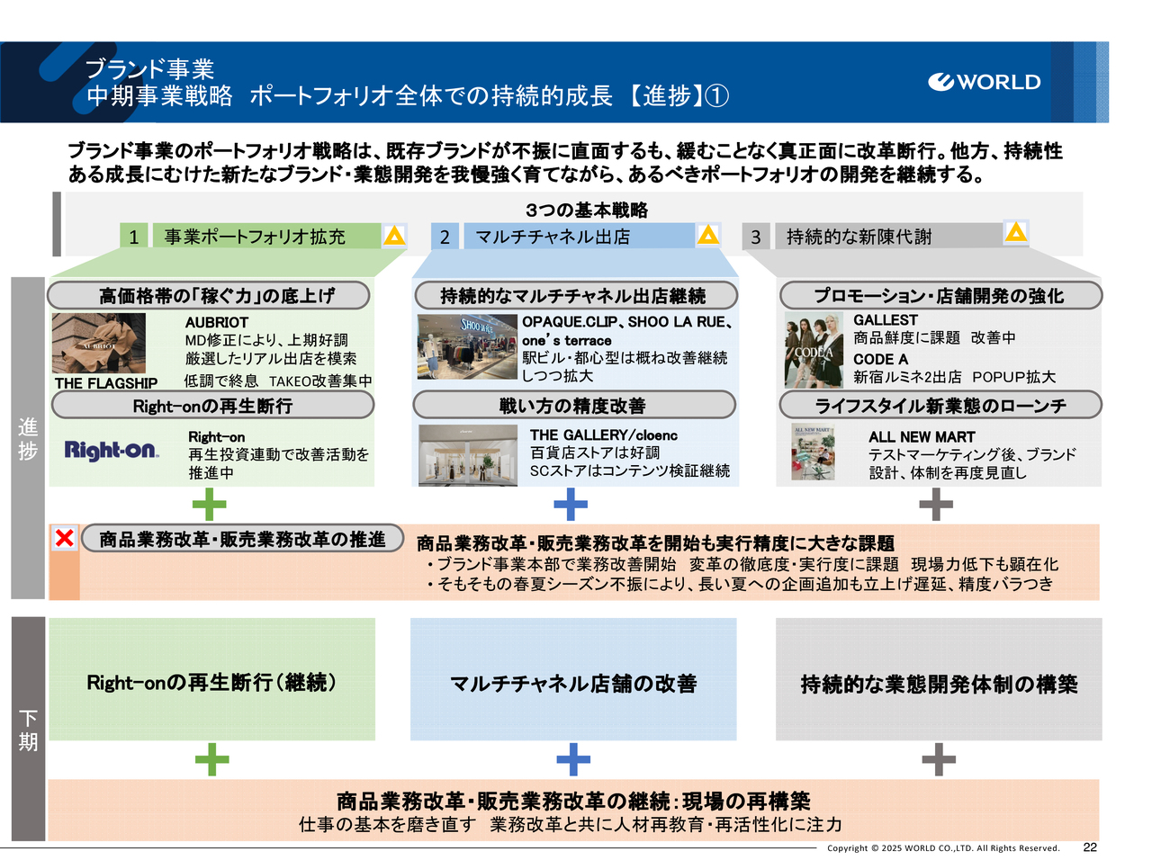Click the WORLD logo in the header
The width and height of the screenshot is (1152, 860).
(x=984, y=82)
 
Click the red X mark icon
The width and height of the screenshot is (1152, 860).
(x=65, y=538)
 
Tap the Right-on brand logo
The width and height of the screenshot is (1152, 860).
(x=111, y=450)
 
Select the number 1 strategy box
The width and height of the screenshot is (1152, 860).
(x=133, y=237)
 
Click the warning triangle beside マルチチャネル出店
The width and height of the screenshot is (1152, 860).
(x=708, y=235)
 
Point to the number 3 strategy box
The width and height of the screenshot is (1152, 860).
(x=756, y=237)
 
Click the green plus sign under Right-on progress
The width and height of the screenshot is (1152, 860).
(x=210, y=504)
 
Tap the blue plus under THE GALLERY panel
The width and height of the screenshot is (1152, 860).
(x=571, y=504)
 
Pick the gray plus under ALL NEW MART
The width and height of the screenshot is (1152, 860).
(x=936, y=504)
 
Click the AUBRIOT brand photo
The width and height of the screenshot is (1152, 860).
(x=98, y=344)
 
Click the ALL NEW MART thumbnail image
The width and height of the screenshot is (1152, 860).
(x=813, y=452)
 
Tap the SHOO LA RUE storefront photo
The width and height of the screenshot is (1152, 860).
(x=467, y=347)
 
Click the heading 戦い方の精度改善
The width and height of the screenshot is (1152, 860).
(x=573, y=406)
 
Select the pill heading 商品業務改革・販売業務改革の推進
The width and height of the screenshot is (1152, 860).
(x=242, y=539)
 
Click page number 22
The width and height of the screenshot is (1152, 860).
(x=1090, y=847)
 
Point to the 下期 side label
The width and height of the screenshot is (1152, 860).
(x=28, y=729)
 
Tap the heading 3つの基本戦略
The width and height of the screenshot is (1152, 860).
(x=587, y=210)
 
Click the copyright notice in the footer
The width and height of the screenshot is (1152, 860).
(x=943, y=848)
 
